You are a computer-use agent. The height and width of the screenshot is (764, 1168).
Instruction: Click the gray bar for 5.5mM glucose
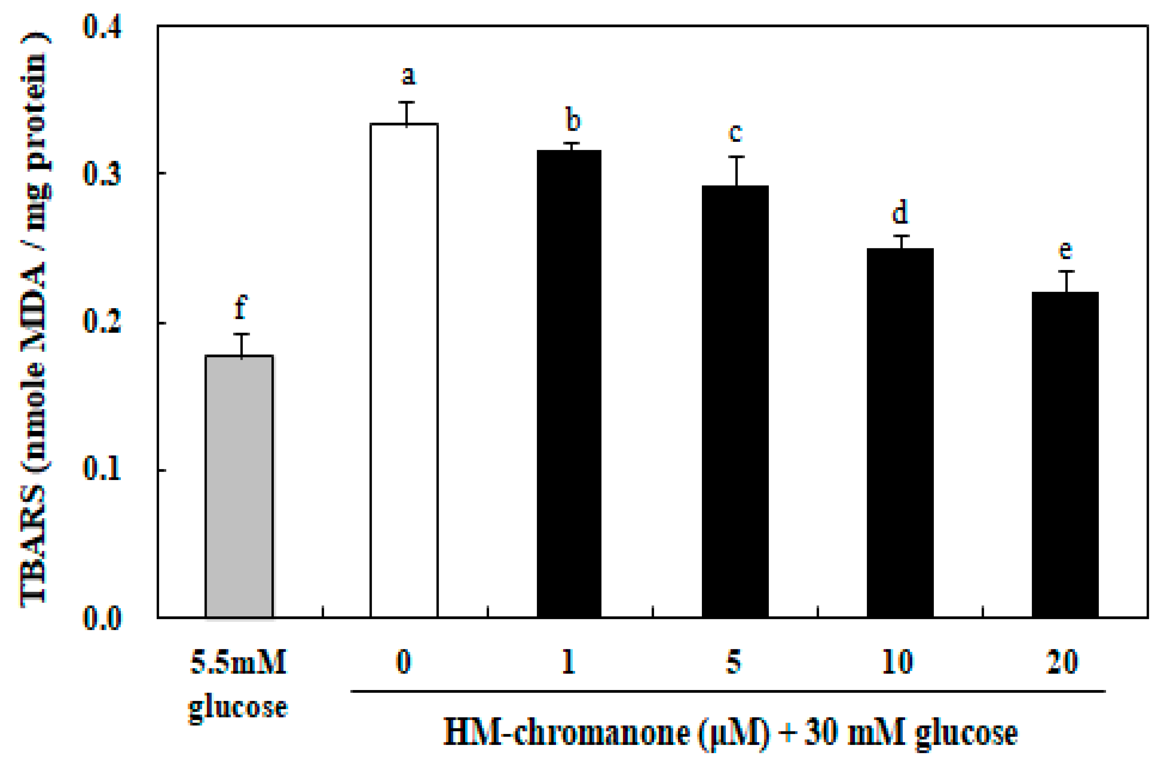(x=239, y=486)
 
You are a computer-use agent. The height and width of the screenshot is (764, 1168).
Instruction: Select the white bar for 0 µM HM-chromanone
(x=404, y=371)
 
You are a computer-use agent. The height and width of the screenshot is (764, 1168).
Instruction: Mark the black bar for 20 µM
(x=1065, y=454)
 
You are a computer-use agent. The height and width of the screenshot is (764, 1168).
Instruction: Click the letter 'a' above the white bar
(x=408, y=76)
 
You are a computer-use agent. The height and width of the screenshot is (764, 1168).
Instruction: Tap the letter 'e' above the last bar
(x=1065, y=251)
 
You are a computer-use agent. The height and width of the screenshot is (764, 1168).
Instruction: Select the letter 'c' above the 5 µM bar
(x=735, y=133)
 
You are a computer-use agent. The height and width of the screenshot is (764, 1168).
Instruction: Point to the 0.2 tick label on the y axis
(x=102, y=322)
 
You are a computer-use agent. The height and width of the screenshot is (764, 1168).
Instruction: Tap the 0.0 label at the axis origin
(x=102, y=618)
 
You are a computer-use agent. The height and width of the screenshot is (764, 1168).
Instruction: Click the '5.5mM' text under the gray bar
(x=238, y=663)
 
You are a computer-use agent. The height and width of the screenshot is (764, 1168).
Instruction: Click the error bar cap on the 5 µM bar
(x=737, y=157)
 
